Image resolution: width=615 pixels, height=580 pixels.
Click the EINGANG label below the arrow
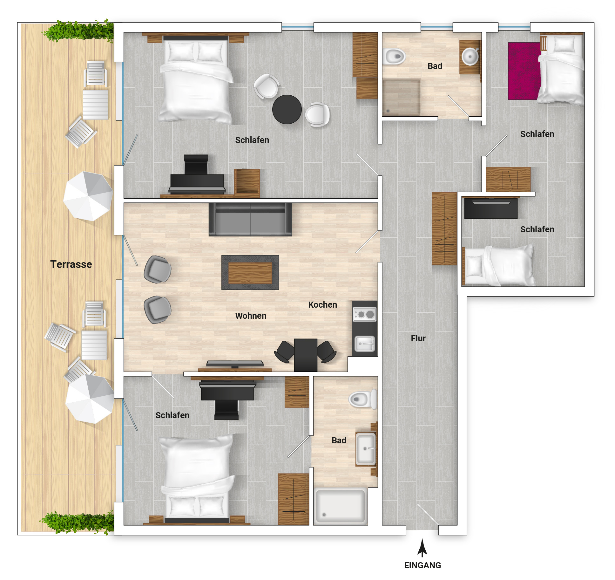pos(422,565)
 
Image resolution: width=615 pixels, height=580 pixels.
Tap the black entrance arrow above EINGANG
pos(422,548)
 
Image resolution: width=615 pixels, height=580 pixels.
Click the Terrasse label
pos(71,264)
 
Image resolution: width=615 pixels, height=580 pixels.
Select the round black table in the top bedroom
pos(287,109)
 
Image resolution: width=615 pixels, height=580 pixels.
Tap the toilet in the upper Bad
pos(394,57)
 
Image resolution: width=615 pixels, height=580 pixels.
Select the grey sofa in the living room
pos(250,220)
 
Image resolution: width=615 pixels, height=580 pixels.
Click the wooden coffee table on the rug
pos(250,273)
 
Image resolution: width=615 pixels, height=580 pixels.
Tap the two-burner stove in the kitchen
pos(365,315)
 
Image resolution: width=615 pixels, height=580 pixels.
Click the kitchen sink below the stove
pos(365,344)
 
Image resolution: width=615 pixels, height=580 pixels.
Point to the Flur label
pos(418,338)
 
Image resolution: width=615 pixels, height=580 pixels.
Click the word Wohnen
pos(251,316)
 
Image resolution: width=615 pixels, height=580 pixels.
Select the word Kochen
pos(322,304)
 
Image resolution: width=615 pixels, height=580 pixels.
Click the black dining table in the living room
pos(305,355)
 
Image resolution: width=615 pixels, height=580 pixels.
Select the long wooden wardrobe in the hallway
pos(444,229)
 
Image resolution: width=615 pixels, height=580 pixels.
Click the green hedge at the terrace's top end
pos(79,31)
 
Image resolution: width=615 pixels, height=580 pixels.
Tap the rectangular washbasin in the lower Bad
pos(365,449)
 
